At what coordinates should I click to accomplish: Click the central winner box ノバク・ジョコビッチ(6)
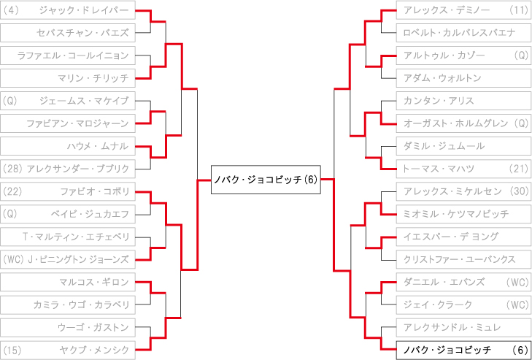pos(266,180)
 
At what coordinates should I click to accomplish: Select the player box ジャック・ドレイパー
pos(68,9)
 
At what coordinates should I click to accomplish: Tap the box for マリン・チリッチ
pos(68,78)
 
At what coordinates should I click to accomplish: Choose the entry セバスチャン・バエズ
pos(68,33)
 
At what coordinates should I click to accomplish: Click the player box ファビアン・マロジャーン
pos(68,123)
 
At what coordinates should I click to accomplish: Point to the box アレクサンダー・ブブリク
pos(68,169)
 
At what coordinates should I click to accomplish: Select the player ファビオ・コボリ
pos(68,191)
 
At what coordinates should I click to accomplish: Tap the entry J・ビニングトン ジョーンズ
pos(68,259)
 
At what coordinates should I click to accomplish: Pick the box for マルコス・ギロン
pos(68,282)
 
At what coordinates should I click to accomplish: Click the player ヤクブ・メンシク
pos(68,350)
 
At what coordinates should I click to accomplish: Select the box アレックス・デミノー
pos(464,9)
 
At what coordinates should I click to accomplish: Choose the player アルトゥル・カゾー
pos(464,55)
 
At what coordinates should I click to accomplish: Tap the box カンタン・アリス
pos(464,101)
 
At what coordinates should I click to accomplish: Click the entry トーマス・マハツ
pos(464,169)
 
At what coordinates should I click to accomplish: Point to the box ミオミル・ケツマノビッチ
pos(464,214)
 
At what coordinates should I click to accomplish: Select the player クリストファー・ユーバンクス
pos(464,259)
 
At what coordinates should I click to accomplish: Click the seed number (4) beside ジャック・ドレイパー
pos(10,10)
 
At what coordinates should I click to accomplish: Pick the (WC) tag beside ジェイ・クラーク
pos(517,305)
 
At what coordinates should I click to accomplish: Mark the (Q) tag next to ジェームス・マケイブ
pos(9,101)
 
